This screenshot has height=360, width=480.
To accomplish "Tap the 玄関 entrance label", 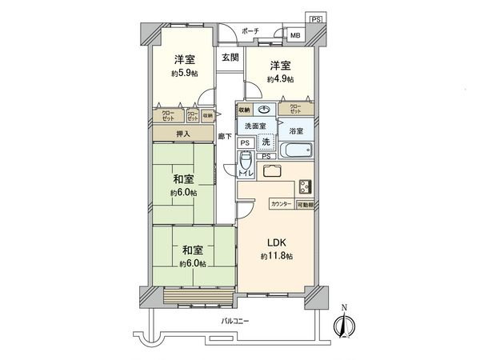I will tap(230, 58).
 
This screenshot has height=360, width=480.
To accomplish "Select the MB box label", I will tap(294, 35).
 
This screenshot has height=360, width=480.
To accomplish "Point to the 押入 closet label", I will tap(183, 134).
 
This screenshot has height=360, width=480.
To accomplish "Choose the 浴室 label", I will tap(296, 130).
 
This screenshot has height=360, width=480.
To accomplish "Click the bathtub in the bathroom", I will tap(295, 150).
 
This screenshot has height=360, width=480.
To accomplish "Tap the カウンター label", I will tap(281, 205).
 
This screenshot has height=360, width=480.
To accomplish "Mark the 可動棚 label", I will tap(306, 205).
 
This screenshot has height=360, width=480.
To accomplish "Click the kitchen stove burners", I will tap(306, 186).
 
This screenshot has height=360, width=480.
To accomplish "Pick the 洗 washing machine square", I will tap(266, 142).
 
